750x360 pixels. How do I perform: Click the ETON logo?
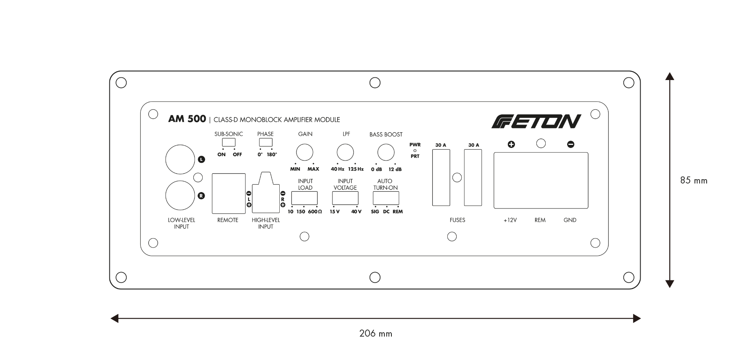536,121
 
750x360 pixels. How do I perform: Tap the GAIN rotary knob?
305,152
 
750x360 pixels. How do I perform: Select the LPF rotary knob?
345,152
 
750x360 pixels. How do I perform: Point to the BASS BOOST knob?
386,152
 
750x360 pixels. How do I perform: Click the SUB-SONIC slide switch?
229,142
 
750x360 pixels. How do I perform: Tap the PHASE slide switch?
266,142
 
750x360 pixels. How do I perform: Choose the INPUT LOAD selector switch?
304,198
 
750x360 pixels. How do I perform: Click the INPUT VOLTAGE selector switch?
345,198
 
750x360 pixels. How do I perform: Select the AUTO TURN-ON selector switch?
386,198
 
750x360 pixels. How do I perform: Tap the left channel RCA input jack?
180,159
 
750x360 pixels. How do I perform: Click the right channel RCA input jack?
180,196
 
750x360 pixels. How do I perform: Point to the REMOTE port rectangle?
229,194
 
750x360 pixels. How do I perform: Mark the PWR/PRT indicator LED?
415,150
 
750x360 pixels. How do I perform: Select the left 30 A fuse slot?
441,178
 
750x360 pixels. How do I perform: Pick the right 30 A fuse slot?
473,178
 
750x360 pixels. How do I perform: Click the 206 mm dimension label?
376,333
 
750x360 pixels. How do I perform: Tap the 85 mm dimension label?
694,180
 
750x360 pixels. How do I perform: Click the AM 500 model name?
187,119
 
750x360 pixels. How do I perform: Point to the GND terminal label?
570,220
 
